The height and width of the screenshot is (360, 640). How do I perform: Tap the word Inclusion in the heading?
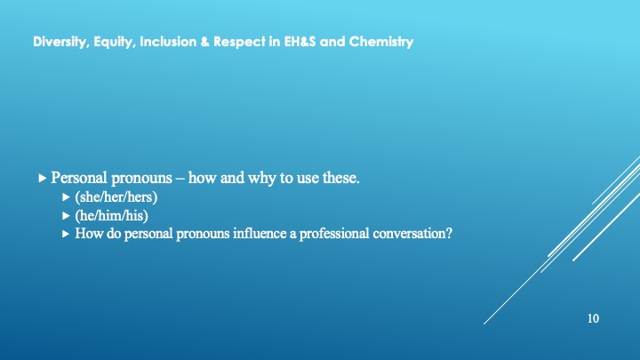pos(168,42)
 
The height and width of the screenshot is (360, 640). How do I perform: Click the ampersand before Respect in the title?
pos(205,42)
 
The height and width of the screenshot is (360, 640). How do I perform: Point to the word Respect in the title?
pos(240,42)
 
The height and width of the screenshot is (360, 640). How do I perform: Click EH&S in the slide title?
pos(300,42)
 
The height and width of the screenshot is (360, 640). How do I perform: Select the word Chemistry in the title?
pos(381,42)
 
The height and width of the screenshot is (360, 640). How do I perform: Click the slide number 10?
pos(593,318)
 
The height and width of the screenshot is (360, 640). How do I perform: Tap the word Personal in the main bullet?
pos(79,178)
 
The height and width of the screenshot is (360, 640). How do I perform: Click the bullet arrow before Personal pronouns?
pos(42,178)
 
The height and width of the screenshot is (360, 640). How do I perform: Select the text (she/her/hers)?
pos(116,197)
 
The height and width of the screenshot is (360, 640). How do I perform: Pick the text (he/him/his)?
pos(111,215)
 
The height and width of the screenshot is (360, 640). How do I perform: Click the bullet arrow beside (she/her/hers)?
pos(66,197)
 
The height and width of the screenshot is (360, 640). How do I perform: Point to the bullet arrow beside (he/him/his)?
pos(66,215)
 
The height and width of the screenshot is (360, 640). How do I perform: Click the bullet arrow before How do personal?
pos(66,234)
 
